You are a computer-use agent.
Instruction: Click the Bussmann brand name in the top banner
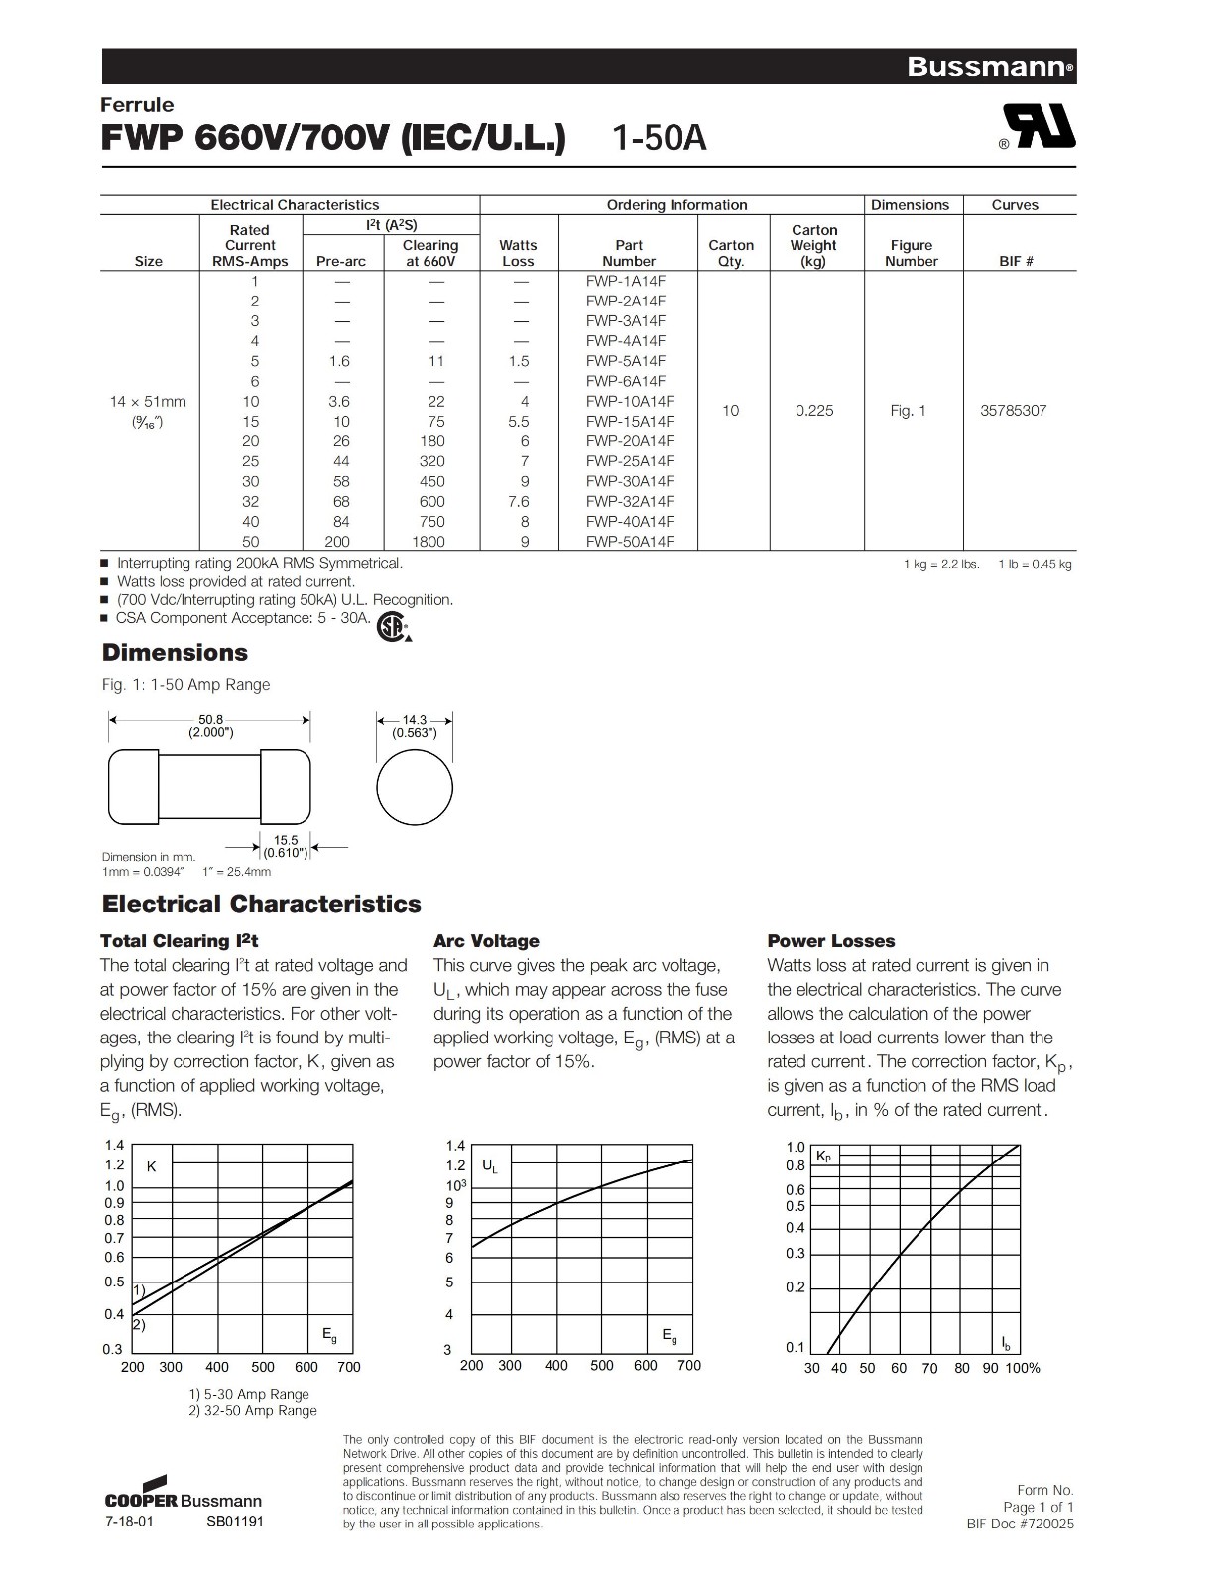988,67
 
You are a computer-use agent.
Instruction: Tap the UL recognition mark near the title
1039,127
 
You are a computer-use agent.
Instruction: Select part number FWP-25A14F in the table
629,461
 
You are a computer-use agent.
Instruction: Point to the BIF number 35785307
1013,411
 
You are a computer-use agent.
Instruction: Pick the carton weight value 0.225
814,411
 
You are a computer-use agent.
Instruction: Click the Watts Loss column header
518,253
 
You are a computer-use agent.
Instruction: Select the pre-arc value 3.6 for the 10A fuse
341,402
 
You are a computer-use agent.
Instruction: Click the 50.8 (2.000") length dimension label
211,726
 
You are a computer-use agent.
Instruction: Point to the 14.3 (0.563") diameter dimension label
415,726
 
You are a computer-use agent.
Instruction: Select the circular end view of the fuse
415,788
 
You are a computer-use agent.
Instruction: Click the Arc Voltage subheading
486,941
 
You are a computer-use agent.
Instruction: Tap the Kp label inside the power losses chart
823,1157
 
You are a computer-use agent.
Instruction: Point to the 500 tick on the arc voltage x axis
602,1365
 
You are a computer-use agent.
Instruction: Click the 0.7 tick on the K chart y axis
115,1238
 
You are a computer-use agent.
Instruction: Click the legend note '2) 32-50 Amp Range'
253,1410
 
